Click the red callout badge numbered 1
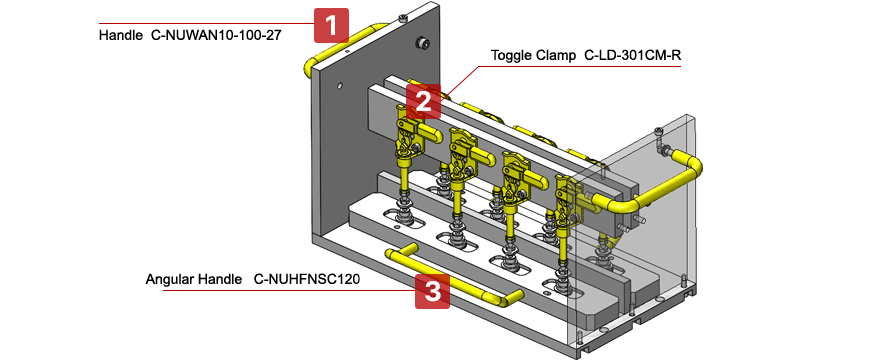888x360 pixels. [x=331, y=25]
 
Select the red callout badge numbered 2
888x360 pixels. [x=423, y=100]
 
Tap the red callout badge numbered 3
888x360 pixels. [x=432, y=291]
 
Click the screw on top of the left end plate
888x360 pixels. [x=402, y=19]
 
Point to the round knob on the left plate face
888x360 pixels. [x=422, y=43]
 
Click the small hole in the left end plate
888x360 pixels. [x=340, y=87]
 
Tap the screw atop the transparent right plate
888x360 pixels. [x=658, y=132]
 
